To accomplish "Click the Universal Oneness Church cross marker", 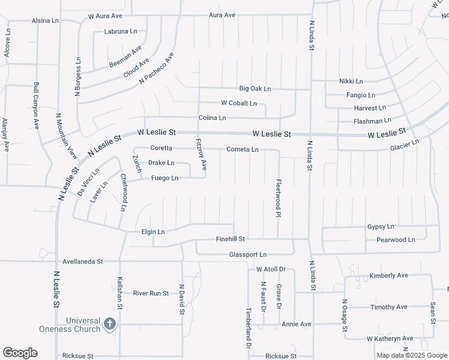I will tap(109, 324).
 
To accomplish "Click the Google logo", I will tap(20, 353).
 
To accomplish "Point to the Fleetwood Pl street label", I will tap(279, 198).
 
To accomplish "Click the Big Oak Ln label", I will tap(255, 89).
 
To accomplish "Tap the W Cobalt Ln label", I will tap(239, 103).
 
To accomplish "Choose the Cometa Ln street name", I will tap(243, 149).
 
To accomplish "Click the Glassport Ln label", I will tap(247, 255).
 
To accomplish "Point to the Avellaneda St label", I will tap(83, 262).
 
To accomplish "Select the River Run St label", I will tap(151, 293).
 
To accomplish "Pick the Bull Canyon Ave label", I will tap(37, 106).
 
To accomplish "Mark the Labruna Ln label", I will tap(121, 31).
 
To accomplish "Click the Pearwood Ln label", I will tap(396, 240).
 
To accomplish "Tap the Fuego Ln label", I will tap(164, 178).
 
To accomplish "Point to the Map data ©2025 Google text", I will tap(412, 355).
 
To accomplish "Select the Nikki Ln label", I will tap(351, 81).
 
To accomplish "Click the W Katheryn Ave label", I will tap(390, 338).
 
